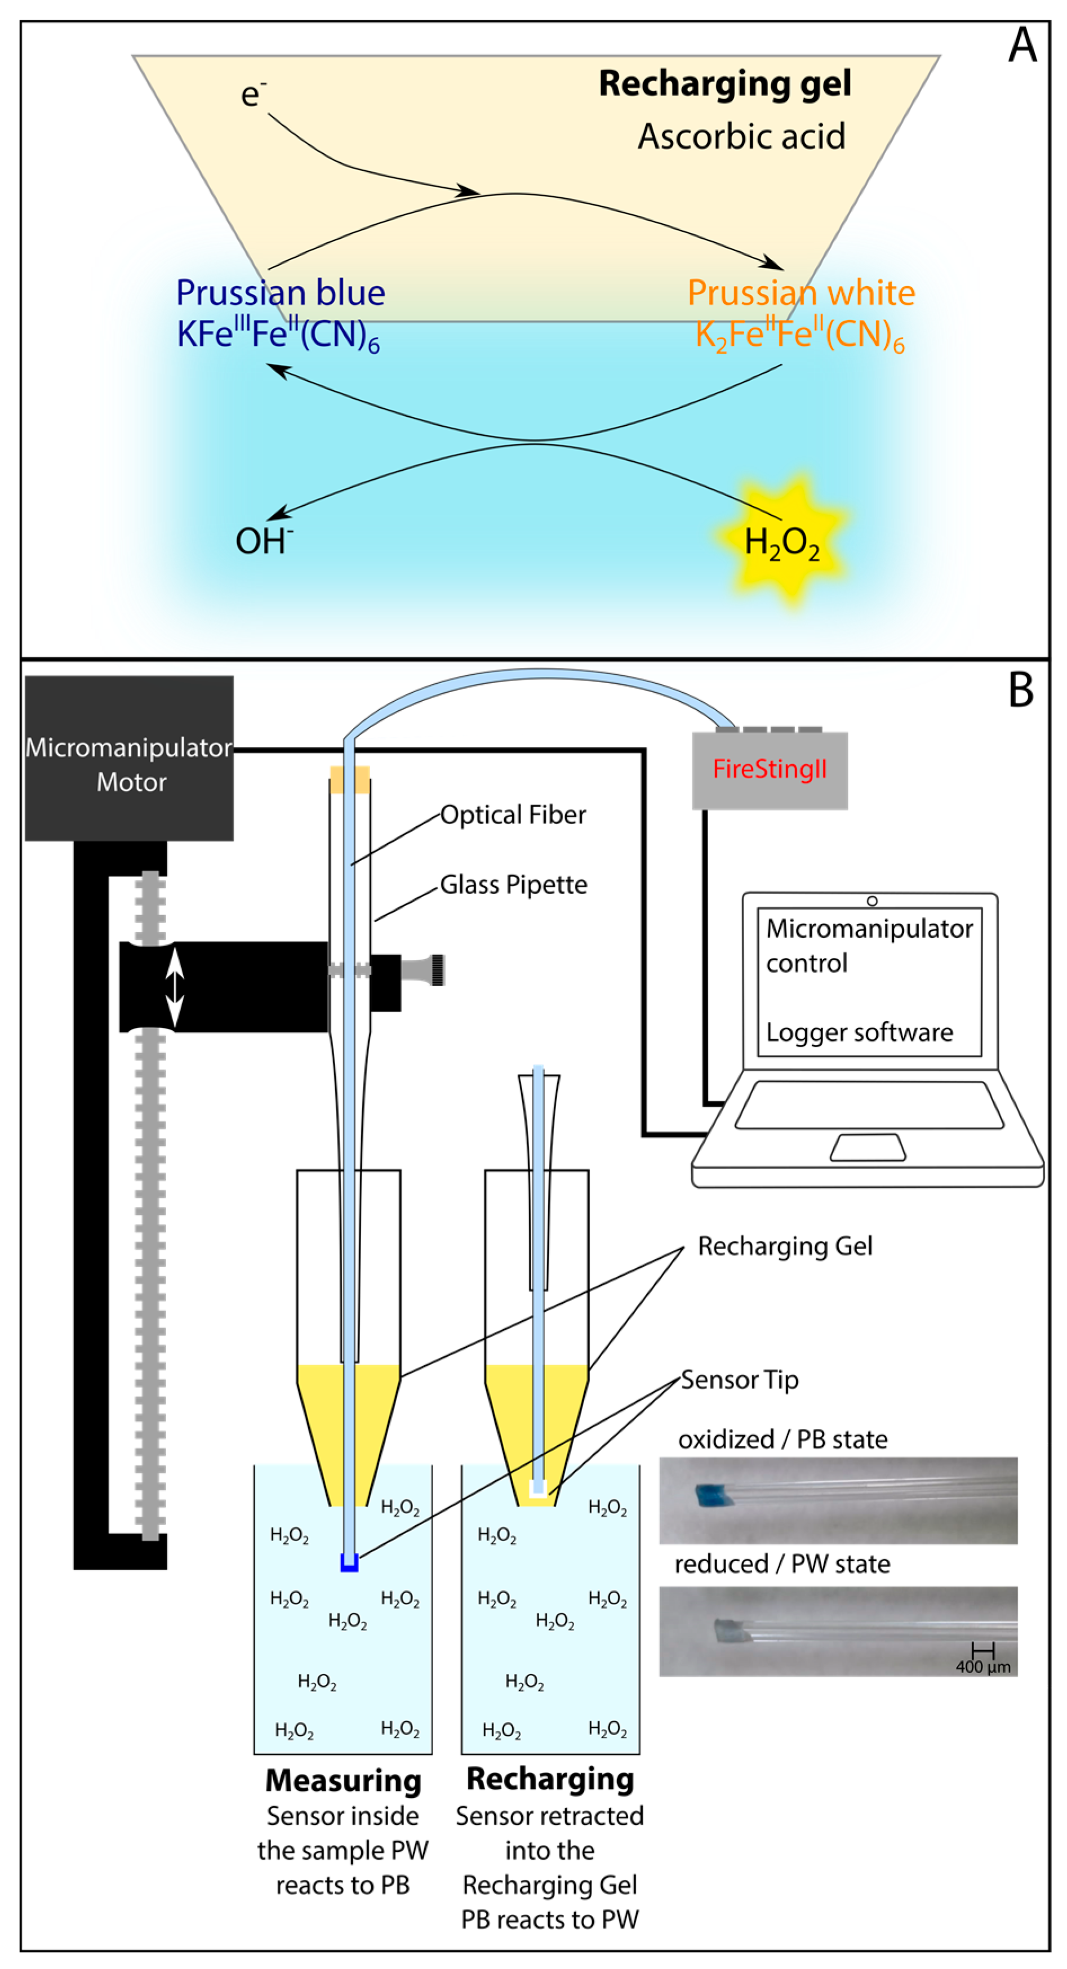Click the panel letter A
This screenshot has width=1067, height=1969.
point(1022,46)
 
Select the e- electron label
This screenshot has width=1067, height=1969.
point(253,95)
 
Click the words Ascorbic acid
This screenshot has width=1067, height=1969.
point(741,137)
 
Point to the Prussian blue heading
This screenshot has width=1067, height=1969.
point(281,293)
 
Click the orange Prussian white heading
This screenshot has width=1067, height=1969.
point(801,293)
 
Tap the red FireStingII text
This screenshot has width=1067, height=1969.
point(769,769)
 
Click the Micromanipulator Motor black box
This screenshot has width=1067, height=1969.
point(129,758)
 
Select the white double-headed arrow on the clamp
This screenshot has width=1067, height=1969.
point(175,986)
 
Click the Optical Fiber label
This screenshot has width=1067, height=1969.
point(513,815)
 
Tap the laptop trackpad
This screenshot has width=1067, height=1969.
point(868,1147)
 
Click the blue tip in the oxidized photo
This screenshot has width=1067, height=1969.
point(713,1495)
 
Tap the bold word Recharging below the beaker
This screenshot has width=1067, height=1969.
point(549,1779)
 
